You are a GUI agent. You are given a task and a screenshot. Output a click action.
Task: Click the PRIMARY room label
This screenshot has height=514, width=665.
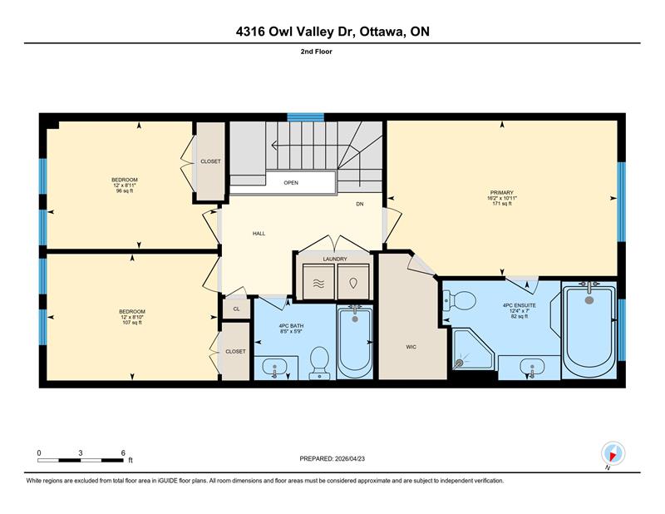coord(502,193)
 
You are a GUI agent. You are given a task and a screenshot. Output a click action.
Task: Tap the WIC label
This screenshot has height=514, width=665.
coord(411,347)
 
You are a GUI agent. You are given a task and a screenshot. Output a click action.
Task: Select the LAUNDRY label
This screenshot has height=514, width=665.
coord(335,259)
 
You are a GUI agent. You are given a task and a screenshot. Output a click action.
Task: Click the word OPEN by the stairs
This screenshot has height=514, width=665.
coord(291,183)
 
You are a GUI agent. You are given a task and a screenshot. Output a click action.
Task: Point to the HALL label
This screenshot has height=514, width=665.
coord(259,234)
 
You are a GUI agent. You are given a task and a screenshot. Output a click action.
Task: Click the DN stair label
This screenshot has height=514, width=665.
coord(360,204)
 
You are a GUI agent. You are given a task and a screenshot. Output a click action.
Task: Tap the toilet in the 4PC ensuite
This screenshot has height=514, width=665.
coord(460,300)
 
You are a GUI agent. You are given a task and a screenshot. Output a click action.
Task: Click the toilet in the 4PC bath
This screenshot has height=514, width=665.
coord(319,363)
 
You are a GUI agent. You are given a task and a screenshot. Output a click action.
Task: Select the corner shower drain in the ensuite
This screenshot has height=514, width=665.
coord(459,363)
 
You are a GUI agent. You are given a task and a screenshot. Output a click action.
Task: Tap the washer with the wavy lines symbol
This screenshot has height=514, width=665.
coord(318,282)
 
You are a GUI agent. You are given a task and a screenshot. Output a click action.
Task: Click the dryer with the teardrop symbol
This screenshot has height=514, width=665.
coord(353,282)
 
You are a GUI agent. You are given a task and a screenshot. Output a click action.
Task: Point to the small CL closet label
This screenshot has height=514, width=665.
coord(236,309)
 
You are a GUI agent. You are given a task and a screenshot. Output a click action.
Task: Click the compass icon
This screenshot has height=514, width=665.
coord(613,454)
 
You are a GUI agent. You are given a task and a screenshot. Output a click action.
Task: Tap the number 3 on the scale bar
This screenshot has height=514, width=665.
coord(80,453)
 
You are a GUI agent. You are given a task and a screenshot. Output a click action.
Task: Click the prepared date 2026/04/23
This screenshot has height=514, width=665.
coord(350,459)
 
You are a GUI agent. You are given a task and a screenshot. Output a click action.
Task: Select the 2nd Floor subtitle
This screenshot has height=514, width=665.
coord(317,52)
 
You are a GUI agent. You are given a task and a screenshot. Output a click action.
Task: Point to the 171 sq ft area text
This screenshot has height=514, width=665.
coord(502,204)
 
